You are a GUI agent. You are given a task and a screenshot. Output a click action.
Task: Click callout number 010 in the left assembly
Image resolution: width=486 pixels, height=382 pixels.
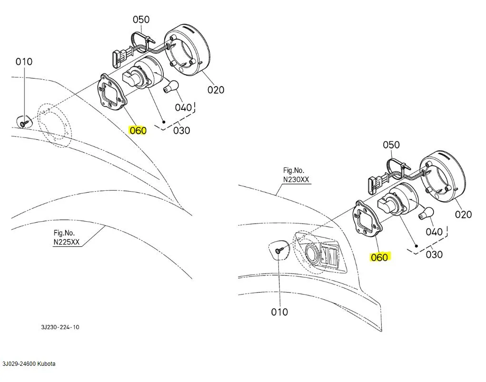(24, 61)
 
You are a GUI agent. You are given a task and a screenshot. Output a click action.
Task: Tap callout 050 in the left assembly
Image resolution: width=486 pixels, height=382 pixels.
(141, 20)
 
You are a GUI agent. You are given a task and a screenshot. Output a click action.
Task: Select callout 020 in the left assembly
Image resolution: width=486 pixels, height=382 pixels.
(216, 89)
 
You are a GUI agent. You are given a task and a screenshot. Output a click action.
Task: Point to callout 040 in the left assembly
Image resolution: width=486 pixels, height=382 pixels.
(183, 107)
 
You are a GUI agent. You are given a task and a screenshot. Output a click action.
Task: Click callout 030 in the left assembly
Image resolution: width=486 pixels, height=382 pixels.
(181, 130)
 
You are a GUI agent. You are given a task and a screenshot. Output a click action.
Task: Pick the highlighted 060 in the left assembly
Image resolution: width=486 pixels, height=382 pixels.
(138, 130)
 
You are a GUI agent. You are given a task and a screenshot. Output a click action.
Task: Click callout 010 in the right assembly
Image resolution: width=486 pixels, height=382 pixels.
(279, 312)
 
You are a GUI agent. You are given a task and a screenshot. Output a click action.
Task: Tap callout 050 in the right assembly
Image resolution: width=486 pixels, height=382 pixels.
(391, 145)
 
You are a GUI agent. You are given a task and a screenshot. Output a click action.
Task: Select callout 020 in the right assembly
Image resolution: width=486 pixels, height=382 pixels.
(463, 214)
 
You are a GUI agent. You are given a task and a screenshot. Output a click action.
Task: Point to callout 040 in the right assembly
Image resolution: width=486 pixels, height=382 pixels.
(434, 232)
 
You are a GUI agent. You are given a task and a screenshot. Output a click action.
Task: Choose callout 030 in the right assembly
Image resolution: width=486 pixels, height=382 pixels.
(434, 255)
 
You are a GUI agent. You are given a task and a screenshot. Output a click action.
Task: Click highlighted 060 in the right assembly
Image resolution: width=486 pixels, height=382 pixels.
(379, 257)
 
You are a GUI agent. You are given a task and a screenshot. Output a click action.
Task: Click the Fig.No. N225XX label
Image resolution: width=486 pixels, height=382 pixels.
(67, 237)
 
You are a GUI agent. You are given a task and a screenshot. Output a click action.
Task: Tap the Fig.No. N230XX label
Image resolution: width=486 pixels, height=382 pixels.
(296, 175)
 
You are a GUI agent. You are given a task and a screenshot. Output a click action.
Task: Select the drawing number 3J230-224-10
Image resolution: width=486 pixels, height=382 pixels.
(60, 327)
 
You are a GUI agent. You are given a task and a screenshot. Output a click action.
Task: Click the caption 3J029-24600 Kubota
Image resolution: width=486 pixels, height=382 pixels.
(29, 364)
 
